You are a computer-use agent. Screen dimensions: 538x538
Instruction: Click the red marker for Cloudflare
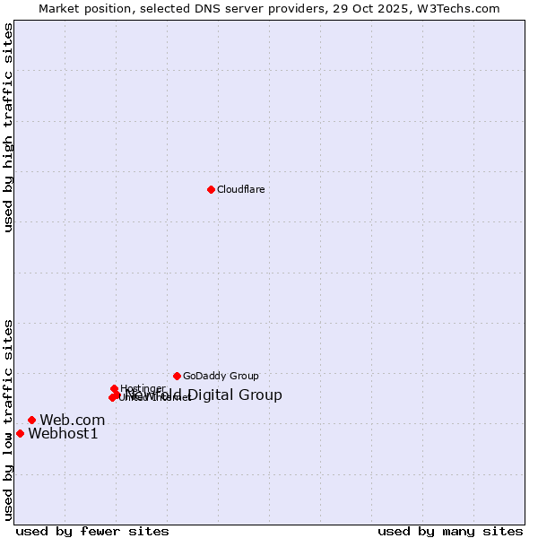coord(211,189)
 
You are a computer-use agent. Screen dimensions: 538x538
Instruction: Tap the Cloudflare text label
coord(240,189)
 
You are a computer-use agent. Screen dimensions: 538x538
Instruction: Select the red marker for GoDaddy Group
coord(177,376)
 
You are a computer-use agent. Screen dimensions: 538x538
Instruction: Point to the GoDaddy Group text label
coord(221,376)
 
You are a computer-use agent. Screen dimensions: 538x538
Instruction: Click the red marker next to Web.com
coord(31,420)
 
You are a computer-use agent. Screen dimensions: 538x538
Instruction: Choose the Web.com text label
coord(72,420)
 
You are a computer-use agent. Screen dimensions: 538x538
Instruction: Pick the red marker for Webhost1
coord(20,433)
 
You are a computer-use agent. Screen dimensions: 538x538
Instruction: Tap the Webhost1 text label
coord(63,434)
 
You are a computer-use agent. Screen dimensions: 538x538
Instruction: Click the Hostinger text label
coord(143,389)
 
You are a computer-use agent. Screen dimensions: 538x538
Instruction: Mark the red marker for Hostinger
coord(114,389)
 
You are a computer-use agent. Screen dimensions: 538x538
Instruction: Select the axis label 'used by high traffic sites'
coord(9,127)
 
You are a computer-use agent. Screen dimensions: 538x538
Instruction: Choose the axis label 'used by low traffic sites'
coord(9,420)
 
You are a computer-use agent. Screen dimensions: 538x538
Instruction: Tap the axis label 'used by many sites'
coord(450,531)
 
